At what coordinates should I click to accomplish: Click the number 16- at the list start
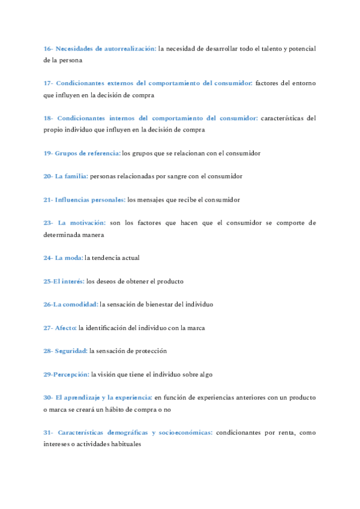pos(49,48)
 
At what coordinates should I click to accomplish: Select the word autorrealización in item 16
pos(128,48)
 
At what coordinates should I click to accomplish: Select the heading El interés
pos(68,281)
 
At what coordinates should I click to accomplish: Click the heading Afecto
pos(66,328)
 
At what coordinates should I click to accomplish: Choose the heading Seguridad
pos(71,351)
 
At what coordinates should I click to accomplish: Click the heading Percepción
pos(71,374)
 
